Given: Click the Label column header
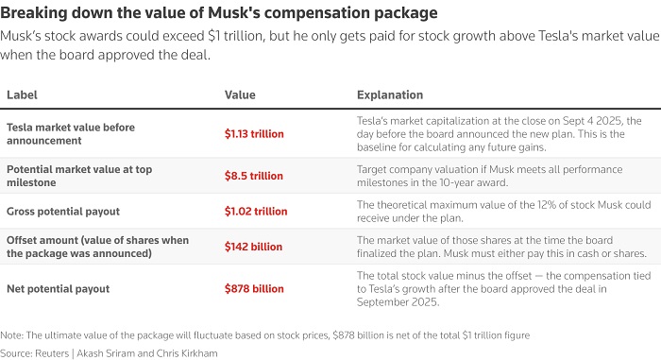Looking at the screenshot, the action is pyautogui.click(x=22, y=94).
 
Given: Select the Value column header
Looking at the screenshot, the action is pyautogui.click(x=240, y=94).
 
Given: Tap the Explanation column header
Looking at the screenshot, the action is pyautogui.click(x=390, y=94).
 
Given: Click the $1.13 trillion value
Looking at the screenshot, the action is pyautogui.click(x=254, y=134).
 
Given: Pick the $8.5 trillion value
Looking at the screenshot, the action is pyautogui.click(x=254, y=176).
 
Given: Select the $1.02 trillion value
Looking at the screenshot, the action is pyautogui.click(x=256, y=211).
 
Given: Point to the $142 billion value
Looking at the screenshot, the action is pyautogui.click(x=253, y=247).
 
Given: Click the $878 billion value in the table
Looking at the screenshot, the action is pyautogui.click(x=254, y=289).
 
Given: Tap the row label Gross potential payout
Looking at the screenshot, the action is pyautogui.click(x=63, y=211).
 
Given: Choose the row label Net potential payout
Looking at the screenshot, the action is pyautogui.click(x=59, y=289).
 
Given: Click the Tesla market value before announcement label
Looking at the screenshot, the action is pyautogui.click(x=71, y=134).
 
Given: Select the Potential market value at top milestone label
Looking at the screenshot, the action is pyautogui.click(x=79, y=176).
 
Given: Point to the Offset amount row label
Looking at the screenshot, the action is pyautogui.click(x=98, y=247).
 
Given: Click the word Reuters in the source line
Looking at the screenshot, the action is pyautogui.click(x=52, y=353).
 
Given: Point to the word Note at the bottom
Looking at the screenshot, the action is pyautogui.click(x=11, y=335).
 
